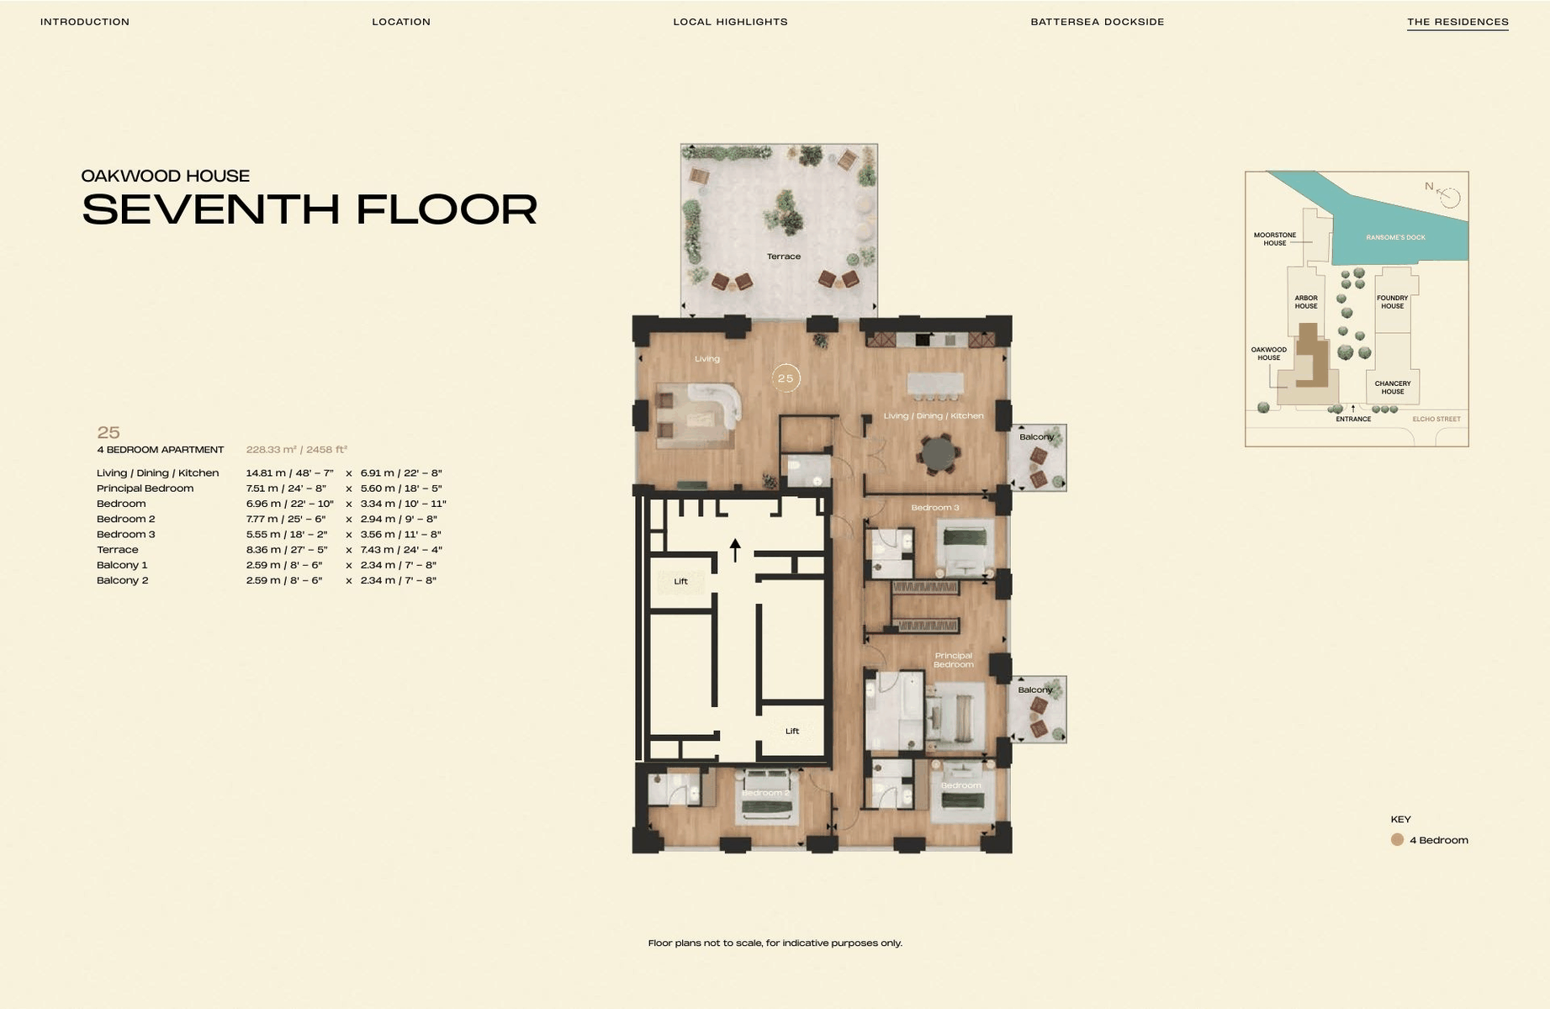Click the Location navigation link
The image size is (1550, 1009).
point(401,22)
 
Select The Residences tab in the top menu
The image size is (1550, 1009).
point(1457,22)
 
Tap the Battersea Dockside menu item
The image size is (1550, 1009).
point(1098,22)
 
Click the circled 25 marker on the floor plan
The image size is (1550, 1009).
point(786,378)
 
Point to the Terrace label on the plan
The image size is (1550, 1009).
point(784,256)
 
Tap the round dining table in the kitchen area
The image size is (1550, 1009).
point(939,454)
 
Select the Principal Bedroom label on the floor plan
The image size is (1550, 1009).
point(954,660)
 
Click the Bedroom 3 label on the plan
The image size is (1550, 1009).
point(935,508)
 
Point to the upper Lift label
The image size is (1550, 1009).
point(680,581)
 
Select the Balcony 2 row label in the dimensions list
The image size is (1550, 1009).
point(122,580)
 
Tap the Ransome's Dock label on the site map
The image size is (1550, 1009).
point(1395,237)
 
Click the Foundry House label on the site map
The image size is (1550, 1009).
point(1392,302)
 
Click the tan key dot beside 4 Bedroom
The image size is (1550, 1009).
point(1397,839)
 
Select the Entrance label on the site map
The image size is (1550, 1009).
point(1353,419)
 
